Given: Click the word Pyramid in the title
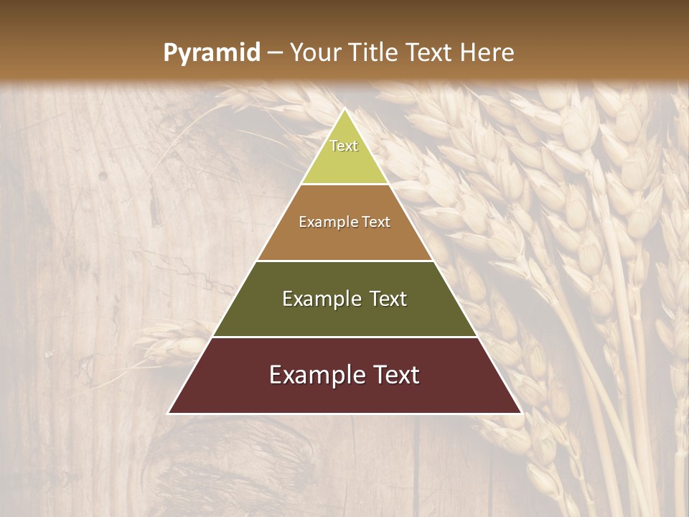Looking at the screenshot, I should (x=211, y=53).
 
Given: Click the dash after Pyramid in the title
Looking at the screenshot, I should (x=274, y=53).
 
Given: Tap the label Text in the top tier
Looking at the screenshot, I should (x=344, y=146).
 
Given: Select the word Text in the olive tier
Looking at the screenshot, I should (x=388, y=299).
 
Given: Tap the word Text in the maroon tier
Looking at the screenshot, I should (x=396, y=375).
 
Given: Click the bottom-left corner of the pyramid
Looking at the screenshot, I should (x=168, y=414).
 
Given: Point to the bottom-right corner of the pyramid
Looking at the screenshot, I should (x=522, y=414).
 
